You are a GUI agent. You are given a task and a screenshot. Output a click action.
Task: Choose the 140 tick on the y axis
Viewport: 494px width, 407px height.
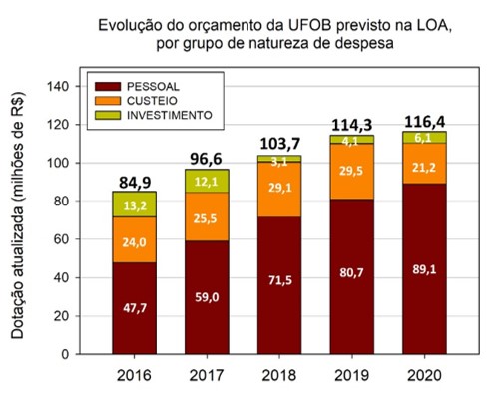pyautogui.click(x=61, y=87)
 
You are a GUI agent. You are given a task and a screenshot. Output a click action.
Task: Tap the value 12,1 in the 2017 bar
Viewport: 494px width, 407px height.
pyautogui.click(x=205, y=181)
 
